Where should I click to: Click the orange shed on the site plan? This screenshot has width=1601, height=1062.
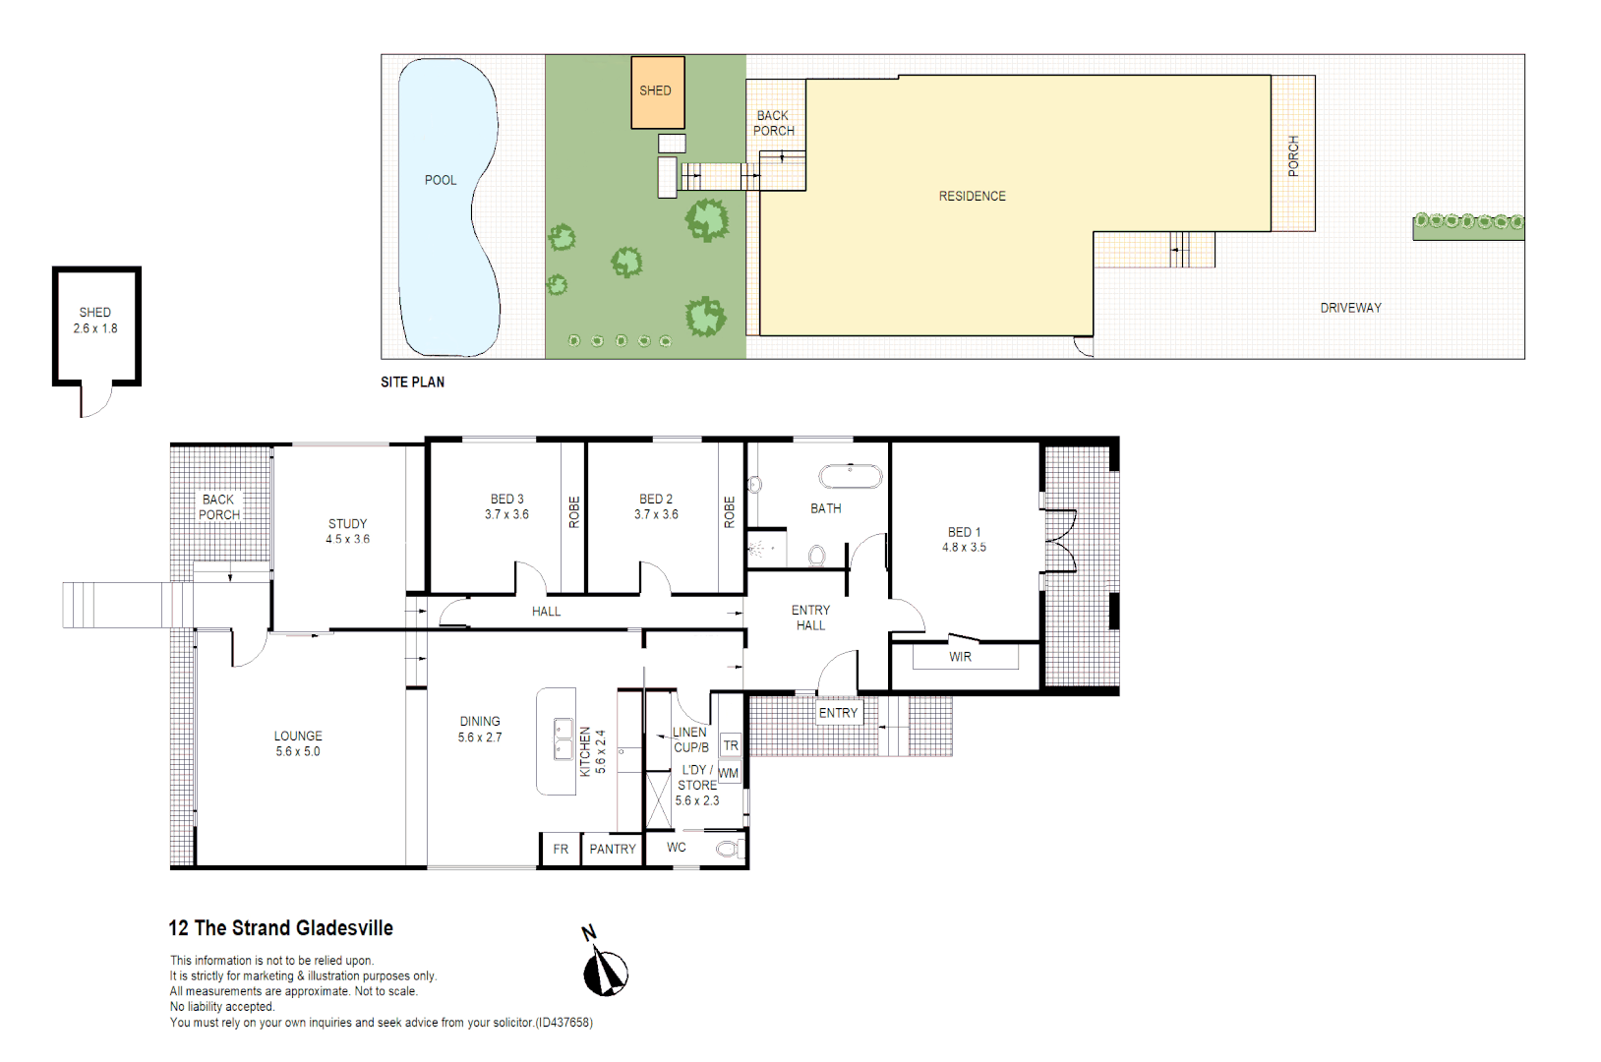point(657,91)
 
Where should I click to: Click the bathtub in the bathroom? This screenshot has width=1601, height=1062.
point(851,476)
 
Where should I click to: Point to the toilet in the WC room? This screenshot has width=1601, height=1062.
point(729,849)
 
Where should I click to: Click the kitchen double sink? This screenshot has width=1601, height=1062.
point(563,739)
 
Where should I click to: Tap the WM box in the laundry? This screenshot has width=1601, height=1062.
point(728,773)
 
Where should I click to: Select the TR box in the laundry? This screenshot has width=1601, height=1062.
point(731,745)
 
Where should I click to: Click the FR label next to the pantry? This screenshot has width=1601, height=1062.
point(561,850)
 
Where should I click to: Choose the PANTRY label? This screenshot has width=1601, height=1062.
point(613,850)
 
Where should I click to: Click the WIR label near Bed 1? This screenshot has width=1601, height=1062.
point(961,657)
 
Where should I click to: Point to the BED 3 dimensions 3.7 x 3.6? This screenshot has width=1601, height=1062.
point(506,514)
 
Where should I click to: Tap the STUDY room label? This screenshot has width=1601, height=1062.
point(347,524)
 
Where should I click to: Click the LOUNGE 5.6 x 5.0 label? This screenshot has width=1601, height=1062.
point(298,744)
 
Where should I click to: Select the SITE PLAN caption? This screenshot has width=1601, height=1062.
point(412,383)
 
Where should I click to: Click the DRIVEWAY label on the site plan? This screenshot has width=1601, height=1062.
point(1350,308)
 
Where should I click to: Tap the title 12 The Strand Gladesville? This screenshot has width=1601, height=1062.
point(280,928)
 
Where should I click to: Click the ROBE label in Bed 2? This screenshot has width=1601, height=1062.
point(729,512)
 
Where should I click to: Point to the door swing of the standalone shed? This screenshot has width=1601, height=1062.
point(96,402)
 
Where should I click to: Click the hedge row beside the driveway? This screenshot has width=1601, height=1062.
point(1468,223)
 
